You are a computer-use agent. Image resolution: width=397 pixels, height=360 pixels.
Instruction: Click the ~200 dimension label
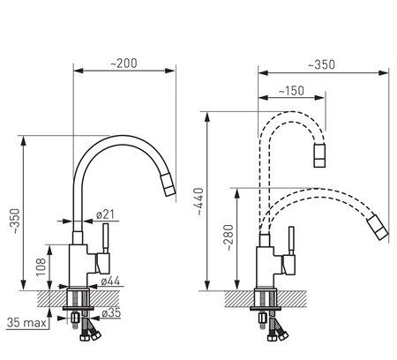point(124,64)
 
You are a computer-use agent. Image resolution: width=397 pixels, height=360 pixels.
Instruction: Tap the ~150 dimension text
point(291,91)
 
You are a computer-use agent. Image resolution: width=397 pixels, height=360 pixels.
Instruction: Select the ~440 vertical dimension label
point(199,202)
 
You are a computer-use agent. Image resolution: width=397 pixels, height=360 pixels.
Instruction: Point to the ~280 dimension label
point(228,238)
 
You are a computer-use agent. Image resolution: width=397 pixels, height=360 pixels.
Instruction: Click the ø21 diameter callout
point(105,214)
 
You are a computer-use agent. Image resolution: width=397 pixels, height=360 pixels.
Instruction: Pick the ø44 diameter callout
point(110,281)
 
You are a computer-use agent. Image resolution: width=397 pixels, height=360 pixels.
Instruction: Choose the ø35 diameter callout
point(111,313)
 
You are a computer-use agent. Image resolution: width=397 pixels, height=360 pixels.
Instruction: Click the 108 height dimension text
point(41,267)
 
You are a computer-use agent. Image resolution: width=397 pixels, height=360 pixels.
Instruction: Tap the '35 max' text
point(26,323)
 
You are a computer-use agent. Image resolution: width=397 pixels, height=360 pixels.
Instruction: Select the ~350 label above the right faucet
point(321,64)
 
